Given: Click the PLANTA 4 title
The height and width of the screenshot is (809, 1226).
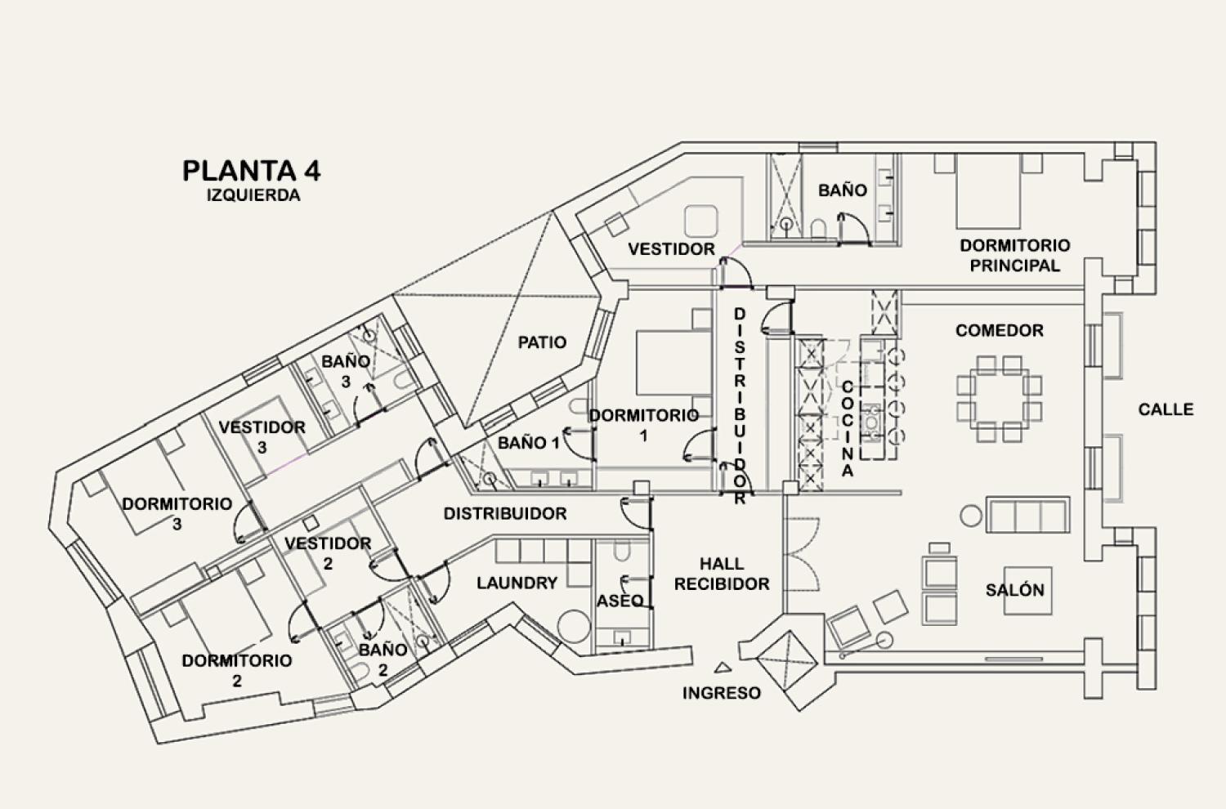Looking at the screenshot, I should point(251,170).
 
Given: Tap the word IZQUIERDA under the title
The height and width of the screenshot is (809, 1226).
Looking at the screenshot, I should point(253,196).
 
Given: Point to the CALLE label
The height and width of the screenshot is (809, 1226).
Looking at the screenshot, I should point(1166,409).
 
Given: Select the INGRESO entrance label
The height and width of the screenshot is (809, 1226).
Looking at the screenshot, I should point(721,693).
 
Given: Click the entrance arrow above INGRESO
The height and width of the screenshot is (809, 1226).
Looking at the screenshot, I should point(721,667).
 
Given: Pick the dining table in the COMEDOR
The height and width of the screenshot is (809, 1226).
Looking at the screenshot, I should point(1000,398).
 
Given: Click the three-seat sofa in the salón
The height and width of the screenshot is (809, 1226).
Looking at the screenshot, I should point(1028,515).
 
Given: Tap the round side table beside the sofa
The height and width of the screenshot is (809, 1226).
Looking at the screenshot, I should point(971,515).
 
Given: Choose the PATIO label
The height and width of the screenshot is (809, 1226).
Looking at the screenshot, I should point(542,342).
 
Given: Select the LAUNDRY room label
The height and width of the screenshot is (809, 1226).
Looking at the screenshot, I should point(517,583).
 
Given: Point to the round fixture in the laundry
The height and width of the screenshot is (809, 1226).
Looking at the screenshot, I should point(574,626).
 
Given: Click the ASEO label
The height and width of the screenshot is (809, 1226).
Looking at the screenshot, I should point(620,601).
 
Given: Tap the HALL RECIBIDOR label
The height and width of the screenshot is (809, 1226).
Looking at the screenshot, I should point(721,574).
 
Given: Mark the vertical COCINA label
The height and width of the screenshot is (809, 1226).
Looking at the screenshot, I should point(848,429).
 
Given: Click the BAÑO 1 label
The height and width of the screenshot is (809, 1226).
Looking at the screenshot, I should point(529,443).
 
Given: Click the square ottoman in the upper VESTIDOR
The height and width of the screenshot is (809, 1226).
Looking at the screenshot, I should point(700,221).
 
